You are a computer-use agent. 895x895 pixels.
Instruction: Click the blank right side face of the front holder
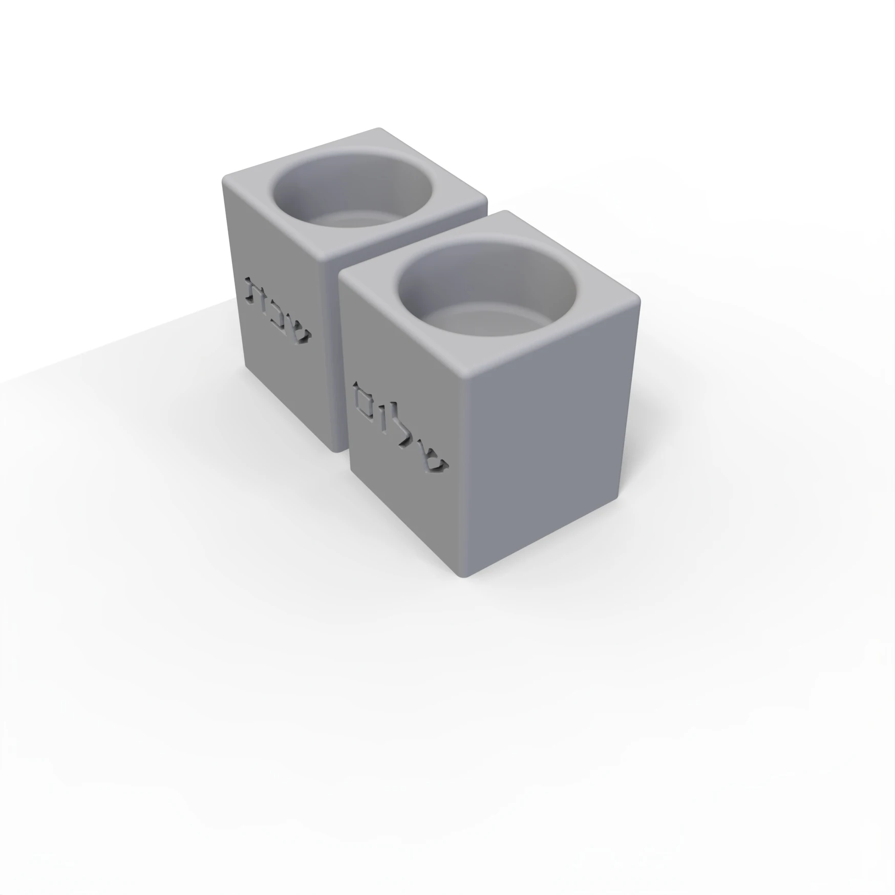tap(553, 451)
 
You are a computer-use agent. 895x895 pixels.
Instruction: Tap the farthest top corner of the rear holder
tap(379, 129)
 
